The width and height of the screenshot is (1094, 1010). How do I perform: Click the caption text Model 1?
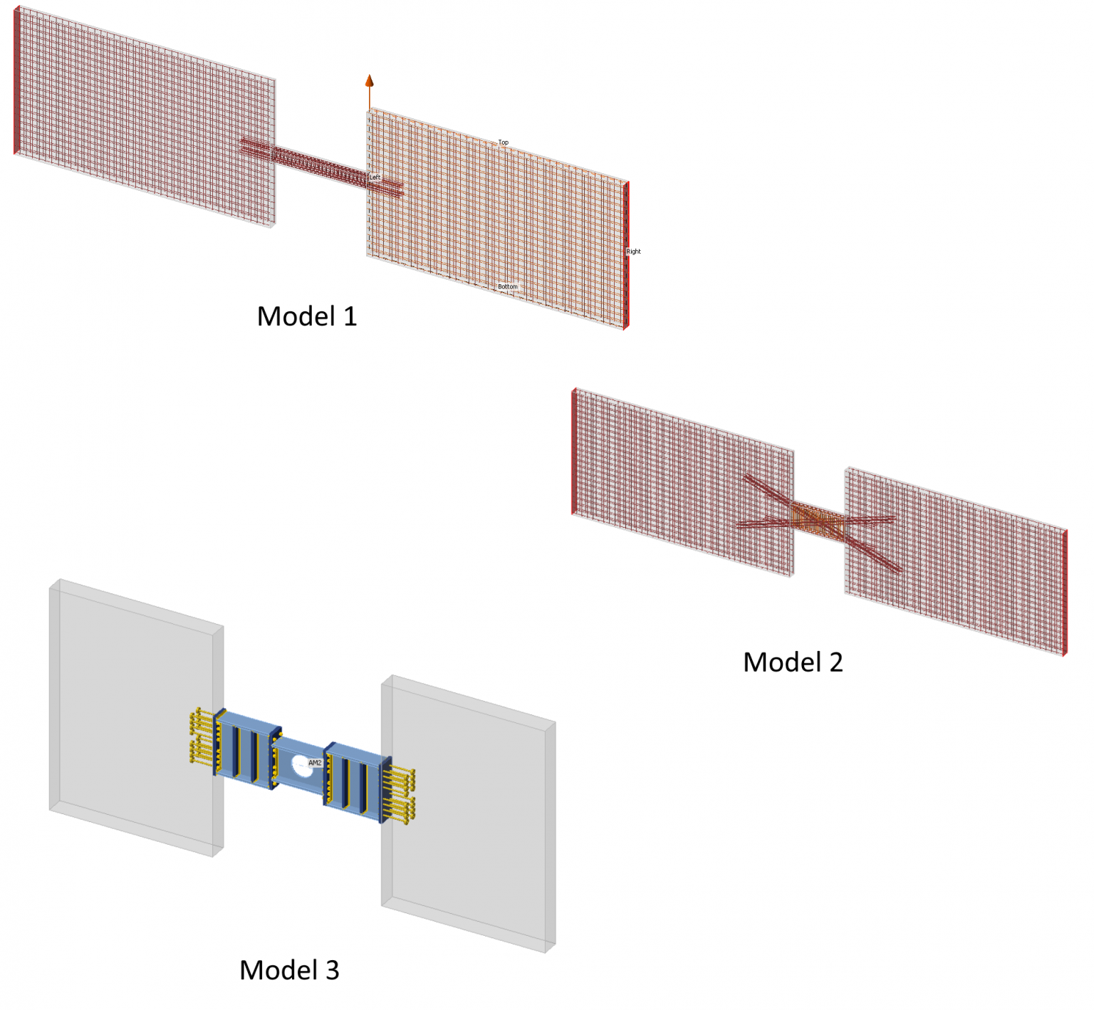coord(306,316)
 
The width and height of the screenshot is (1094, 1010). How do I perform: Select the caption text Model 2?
coord(793,662)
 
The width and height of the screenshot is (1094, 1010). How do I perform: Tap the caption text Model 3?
coord(289,970)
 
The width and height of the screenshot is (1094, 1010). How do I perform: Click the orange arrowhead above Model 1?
coord(369,81)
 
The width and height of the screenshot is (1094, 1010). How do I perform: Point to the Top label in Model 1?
coord(504,142)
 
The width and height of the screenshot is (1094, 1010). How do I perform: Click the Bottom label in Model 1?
coord(507,286)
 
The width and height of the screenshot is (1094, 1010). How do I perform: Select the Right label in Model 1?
coord(633,251)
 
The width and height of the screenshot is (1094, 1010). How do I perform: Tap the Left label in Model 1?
coord(375,177)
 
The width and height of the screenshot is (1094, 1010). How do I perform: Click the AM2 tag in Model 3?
coord(315,763)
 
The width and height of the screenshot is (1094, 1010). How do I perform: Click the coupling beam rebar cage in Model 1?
coord(321,165)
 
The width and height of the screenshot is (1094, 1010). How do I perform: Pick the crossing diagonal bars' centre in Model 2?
coord(819,522)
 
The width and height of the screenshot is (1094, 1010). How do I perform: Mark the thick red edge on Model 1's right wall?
coord(627,255)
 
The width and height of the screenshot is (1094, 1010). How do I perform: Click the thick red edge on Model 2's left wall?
coord(574,451)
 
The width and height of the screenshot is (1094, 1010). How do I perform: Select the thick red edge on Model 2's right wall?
coord(1065,592)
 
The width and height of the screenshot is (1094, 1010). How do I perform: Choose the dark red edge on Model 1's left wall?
coord(16,80)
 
